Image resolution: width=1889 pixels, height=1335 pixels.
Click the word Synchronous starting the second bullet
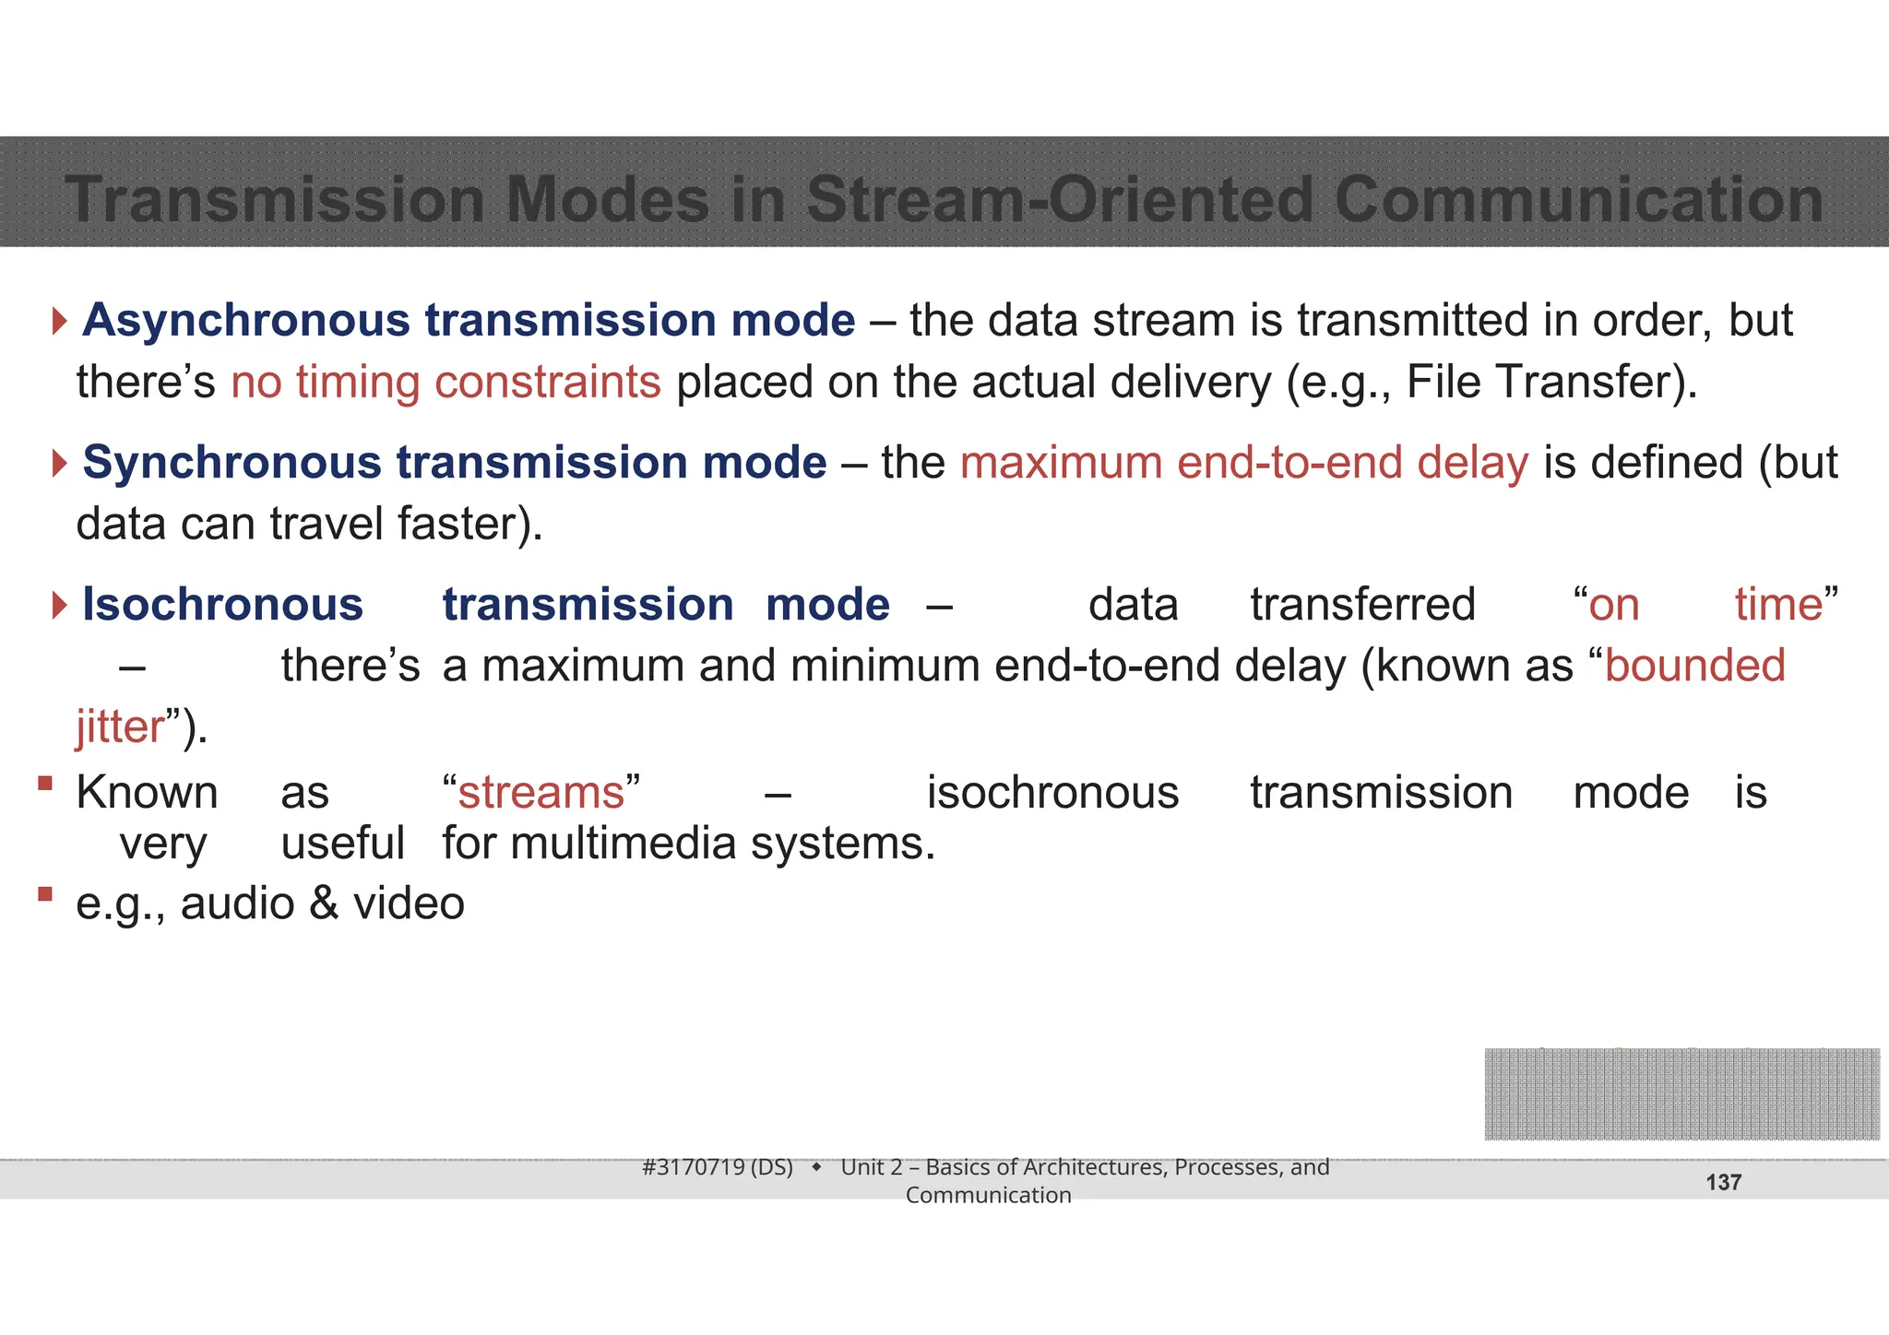pos(232,463)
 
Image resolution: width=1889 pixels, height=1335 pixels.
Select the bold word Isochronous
pos(222,605)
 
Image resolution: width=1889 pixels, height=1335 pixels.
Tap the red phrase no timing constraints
pos(446,382)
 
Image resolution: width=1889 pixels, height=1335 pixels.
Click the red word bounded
pos(1694,666)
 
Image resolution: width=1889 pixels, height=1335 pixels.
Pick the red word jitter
pos(120,727)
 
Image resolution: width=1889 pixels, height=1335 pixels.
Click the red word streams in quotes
pos(541,793)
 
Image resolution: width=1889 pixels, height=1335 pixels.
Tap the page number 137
pos(1723,1183)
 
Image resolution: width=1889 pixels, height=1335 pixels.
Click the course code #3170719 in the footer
pos(694,1167)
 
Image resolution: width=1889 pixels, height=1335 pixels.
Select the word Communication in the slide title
pos(1578,199)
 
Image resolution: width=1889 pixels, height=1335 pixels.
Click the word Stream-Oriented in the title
pos(1059,199)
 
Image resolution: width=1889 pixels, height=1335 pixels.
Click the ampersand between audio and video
pos(324,904)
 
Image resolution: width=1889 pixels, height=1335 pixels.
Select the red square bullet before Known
pos(45,784)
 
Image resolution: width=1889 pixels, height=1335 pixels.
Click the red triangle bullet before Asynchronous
pos(60,322)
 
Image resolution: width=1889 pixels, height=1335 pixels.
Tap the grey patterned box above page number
pos(1681,1094)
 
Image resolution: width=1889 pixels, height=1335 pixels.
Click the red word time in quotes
pos(1778,605)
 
